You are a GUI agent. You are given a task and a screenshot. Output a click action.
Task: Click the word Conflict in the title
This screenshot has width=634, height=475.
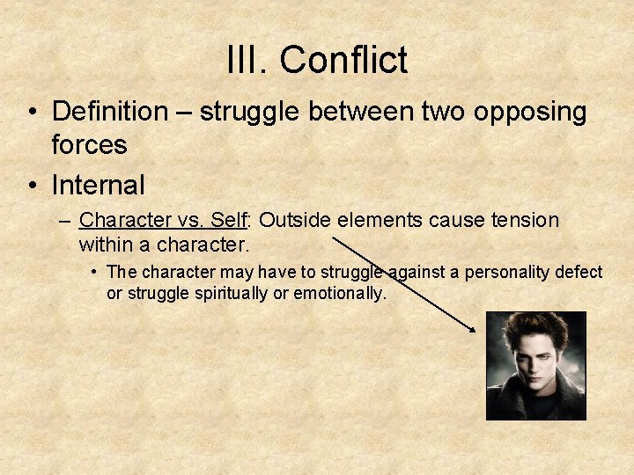click(x=344, y=61)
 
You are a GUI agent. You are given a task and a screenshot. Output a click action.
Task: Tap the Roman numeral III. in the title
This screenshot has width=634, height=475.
click(x=248, y=61)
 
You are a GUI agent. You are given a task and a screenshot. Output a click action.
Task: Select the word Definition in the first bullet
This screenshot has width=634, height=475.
click(x=109, y=112)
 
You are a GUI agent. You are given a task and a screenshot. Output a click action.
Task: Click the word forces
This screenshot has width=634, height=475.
click(x=90, y=144)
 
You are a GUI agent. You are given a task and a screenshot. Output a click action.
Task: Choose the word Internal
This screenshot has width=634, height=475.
click(x=99, y=186)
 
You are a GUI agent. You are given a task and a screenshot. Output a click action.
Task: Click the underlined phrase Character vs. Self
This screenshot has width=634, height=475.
click(x=165, y=220)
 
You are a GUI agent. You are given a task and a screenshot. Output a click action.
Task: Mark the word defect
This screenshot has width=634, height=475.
click(x=579, y=272)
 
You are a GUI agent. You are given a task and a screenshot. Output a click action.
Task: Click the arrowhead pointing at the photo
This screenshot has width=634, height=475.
click(x=473, y=329)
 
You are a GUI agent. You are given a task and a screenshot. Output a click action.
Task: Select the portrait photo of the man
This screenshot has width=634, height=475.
click(x=535, y=365)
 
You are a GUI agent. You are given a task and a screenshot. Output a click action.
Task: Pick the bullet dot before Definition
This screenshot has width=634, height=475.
click(x=33, y=113)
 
